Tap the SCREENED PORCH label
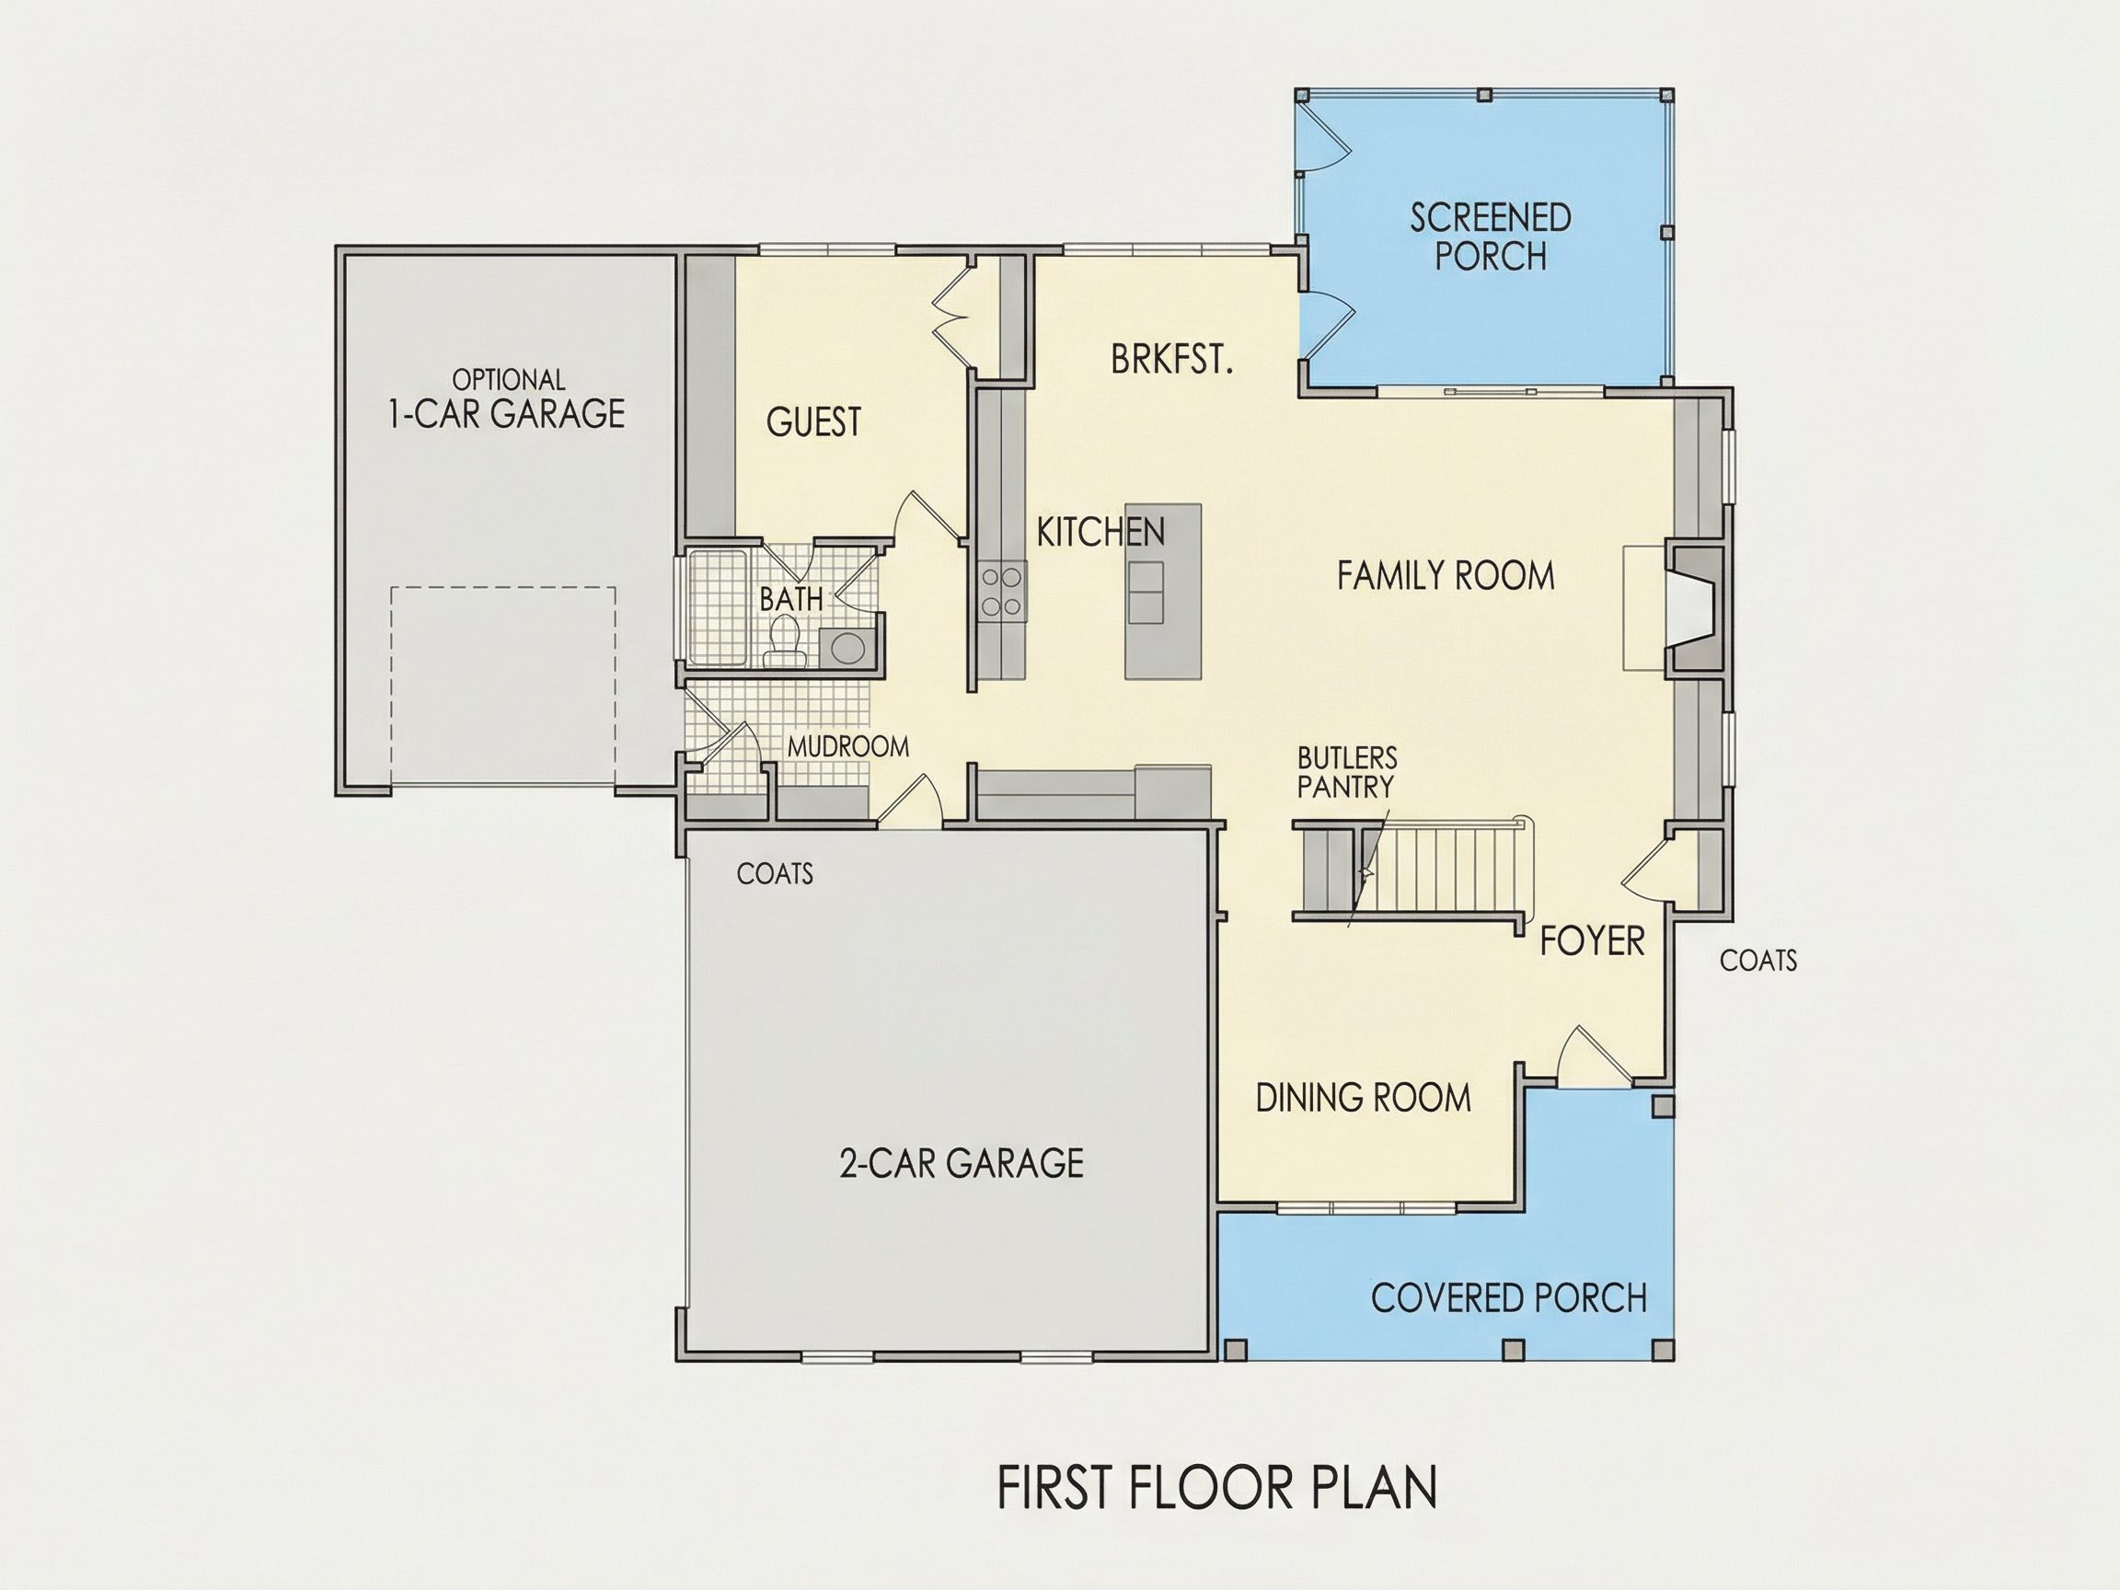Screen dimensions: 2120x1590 point(1491,236)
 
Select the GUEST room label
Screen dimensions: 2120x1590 point(813,421)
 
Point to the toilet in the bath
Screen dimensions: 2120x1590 point(785,641)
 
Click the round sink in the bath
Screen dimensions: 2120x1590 point(848,647)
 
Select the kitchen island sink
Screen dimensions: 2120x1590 point(1146,593)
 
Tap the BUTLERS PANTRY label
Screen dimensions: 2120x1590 point(1347,773)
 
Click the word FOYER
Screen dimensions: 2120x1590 point(1592,941)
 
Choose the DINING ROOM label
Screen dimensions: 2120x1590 point(1363,1098)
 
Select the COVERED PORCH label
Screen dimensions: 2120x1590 point(1508,1297)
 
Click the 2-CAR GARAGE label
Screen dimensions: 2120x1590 point(962,1162)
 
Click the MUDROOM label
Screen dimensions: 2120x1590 point(848,746)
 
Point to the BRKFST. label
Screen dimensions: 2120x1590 point(1171,360)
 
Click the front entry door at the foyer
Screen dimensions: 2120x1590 point(1592,1058)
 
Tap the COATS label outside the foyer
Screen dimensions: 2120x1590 point(1757,961)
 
